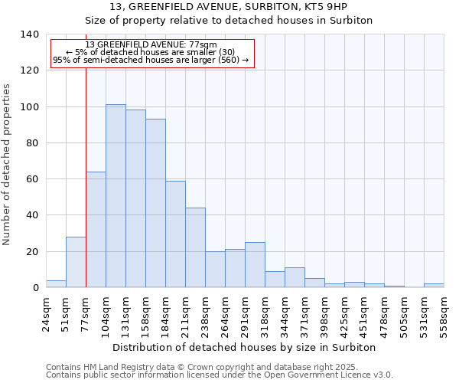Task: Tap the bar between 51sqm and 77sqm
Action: pyautogui.click(x=76, y=262)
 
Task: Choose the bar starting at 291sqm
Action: pyautogui.click(x=255, y=265)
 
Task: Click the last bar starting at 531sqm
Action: pyautogui.click(x=434, y=285)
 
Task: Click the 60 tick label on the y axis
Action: pyautogui.click(x=32, y=179)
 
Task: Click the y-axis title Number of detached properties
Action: pyautogui.click(x=8, y=165)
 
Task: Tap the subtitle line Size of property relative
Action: pyautogui.click(x=229, y=21)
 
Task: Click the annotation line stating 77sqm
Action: pyautogui.click(x=151, y=45)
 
